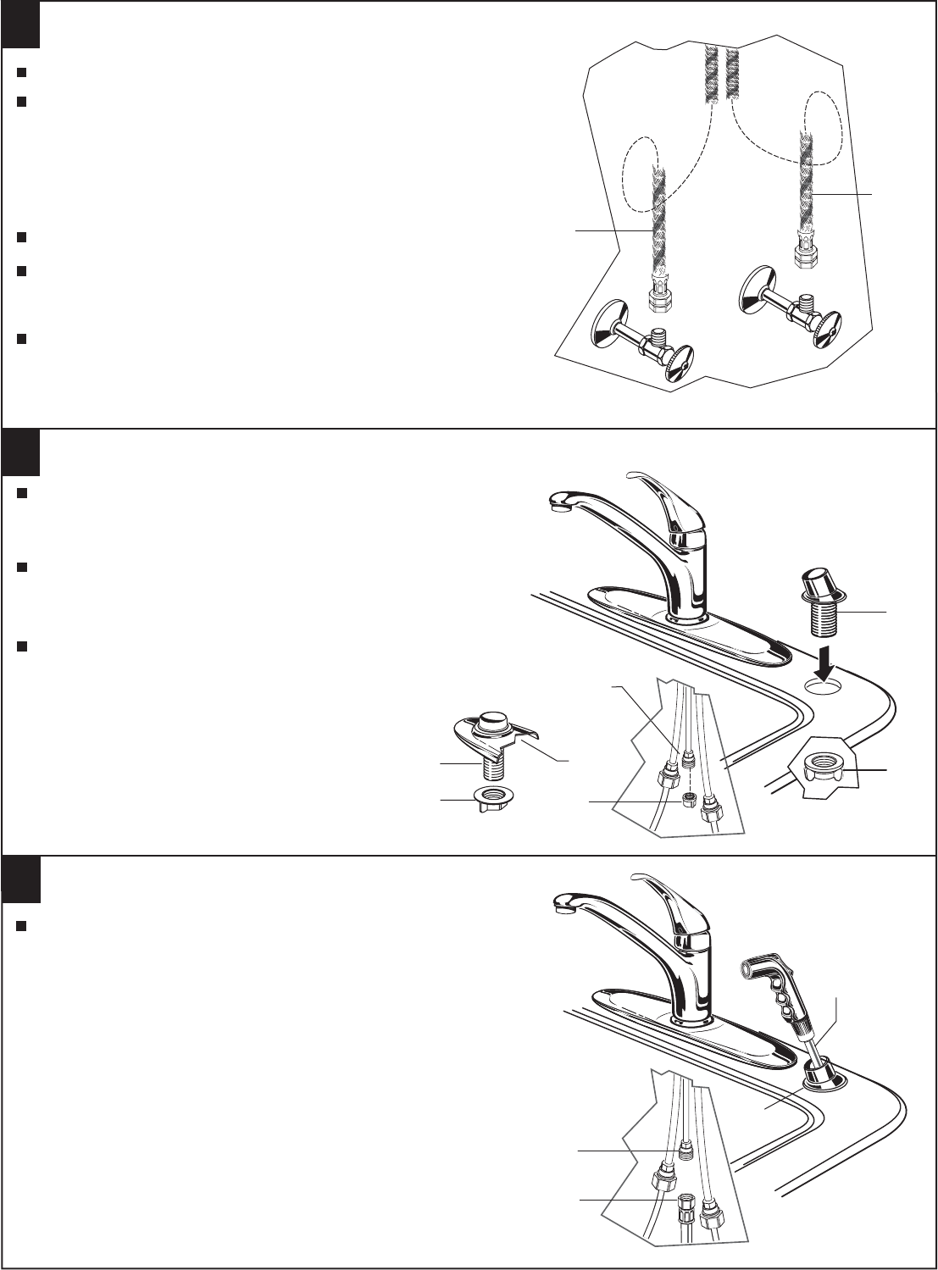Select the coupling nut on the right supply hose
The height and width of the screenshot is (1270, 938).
(803, 252)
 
